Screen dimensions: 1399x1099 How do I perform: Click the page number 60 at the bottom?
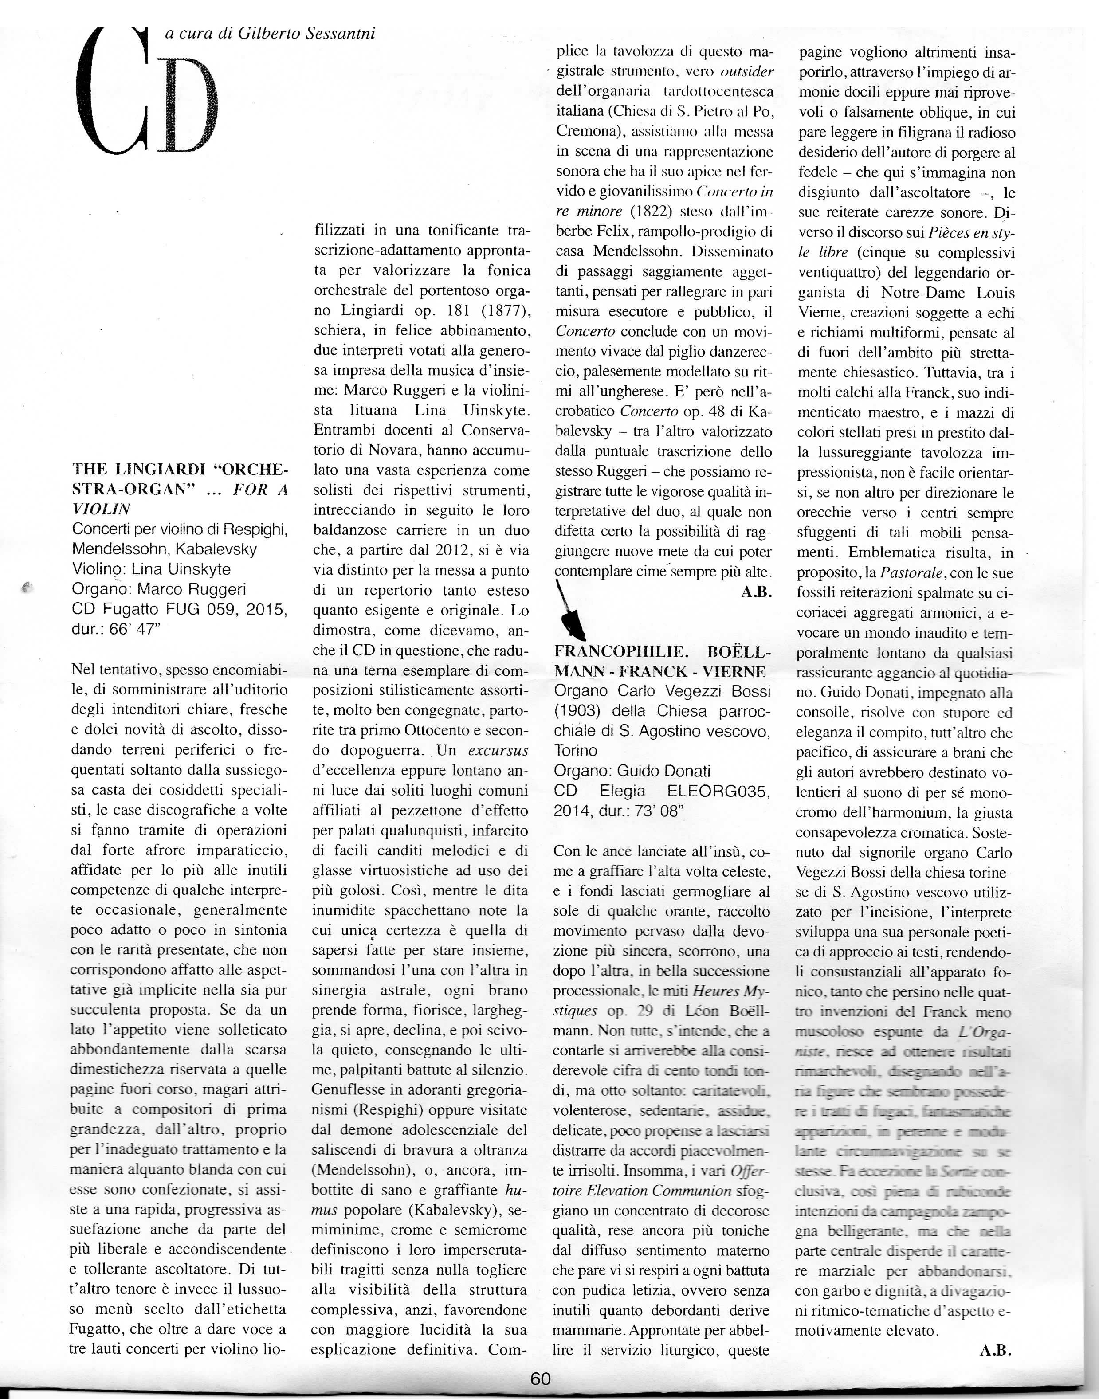tap(541, 1379)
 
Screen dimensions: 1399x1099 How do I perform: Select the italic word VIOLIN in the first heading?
tap(101, 509)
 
